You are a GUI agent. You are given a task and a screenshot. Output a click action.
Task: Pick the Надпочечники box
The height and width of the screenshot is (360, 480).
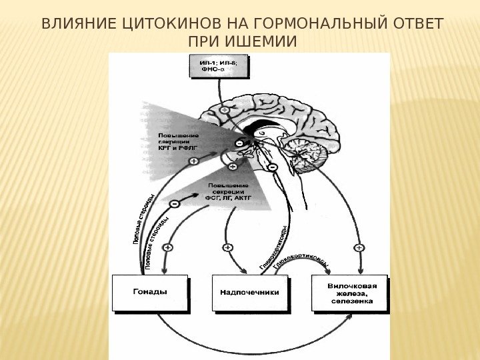249,293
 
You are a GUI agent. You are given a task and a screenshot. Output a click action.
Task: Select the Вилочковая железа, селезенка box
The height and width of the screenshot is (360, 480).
349,293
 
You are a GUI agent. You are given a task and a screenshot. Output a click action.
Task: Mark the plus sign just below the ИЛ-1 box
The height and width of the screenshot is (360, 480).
225,108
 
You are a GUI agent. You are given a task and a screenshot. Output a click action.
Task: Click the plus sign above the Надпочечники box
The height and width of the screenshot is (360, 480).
228,247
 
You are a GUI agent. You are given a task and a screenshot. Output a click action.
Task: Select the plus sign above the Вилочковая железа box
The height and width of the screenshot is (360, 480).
359,247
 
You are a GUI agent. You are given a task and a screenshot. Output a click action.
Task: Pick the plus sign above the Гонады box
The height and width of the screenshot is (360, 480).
167,247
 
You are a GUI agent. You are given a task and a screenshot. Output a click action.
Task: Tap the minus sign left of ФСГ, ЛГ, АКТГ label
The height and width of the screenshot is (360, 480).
174,203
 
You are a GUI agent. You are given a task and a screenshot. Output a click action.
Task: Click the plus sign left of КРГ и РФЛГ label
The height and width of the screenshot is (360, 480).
193,161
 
